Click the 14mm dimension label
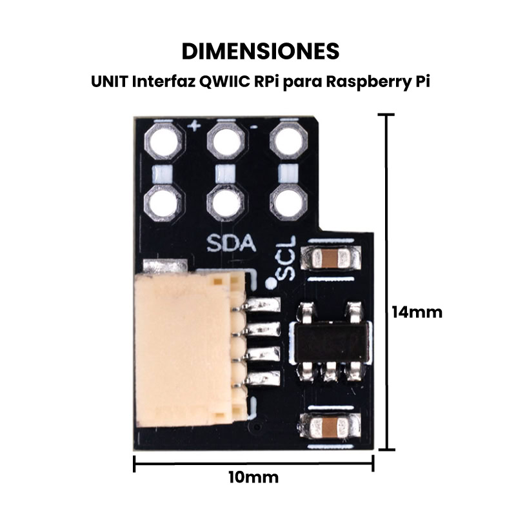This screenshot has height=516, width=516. [417, 312]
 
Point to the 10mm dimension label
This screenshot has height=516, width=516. [253, 478]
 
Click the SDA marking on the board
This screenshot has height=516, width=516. [232, 244]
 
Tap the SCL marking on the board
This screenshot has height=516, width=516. [288, 258]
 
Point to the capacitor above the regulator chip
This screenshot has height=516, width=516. [330, 259]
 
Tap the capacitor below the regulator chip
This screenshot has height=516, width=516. [330, 426]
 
